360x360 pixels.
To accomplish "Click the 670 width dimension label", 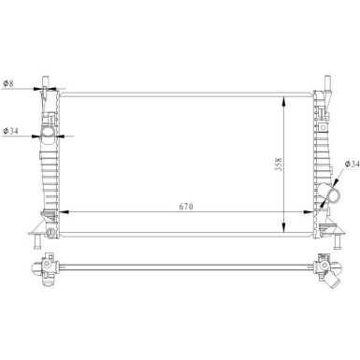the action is [x=186, y=207].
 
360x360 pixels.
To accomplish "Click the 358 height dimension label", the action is [x=278, y=164].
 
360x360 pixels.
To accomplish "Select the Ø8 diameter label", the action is [x=8, y=83].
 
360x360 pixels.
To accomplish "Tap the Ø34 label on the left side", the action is [x=10, y=131].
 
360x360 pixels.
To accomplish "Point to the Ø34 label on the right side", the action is [x=352, y=164].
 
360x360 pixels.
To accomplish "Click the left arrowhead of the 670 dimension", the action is [x=64, y=212].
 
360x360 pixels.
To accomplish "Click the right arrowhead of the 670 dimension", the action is [x=308, y=212].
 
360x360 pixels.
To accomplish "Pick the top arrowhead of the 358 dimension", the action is [x=283, y=101].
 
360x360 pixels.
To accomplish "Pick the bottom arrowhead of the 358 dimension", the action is [x=283, y=227].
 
